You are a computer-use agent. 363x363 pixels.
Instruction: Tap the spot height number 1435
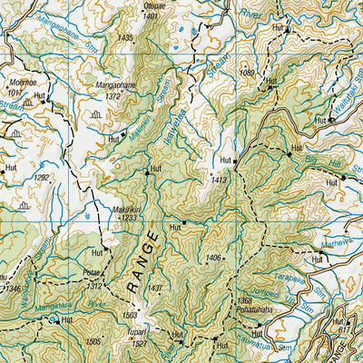(125, 38)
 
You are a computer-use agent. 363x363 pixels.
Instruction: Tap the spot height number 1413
(219, 181)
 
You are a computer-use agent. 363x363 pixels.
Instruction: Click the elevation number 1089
(245, 72)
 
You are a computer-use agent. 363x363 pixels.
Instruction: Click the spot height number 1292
(42, 178)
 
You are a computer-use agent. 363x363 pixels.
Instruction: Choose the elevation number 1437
(154, 288)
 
